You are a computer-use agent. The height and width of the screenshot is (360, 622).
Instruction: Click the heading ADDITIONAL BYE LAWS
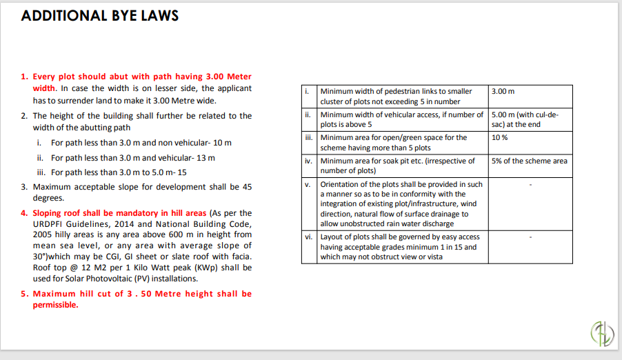(100, 16)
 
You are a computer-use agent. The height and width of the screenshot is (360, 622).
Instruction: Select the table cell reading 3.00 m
(503, 92)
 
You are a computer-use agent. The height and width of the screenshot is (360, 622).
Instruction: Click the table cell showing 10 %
(500, 138)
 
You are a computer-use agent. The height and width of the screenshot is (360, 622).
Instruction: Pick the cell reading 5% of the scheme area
(530, 161)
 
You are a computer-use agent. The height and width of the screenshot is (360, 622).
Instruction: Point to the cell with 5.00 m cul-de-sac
(524, 119)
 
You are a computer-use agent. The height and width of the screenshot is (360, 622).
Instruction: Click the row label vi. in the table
(309, 237)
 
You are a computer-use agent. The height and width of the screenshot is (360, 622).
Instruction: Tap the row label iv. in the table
(309, 161)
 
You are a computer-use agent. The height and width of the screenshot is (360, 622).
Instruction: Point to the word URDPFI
(49, 224)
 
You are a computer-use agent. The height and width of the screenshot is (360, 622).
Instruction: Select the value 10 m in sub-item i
(222, 143)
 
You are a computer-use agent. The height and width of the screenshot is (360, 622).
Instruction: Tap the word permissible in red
(55, 306)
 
